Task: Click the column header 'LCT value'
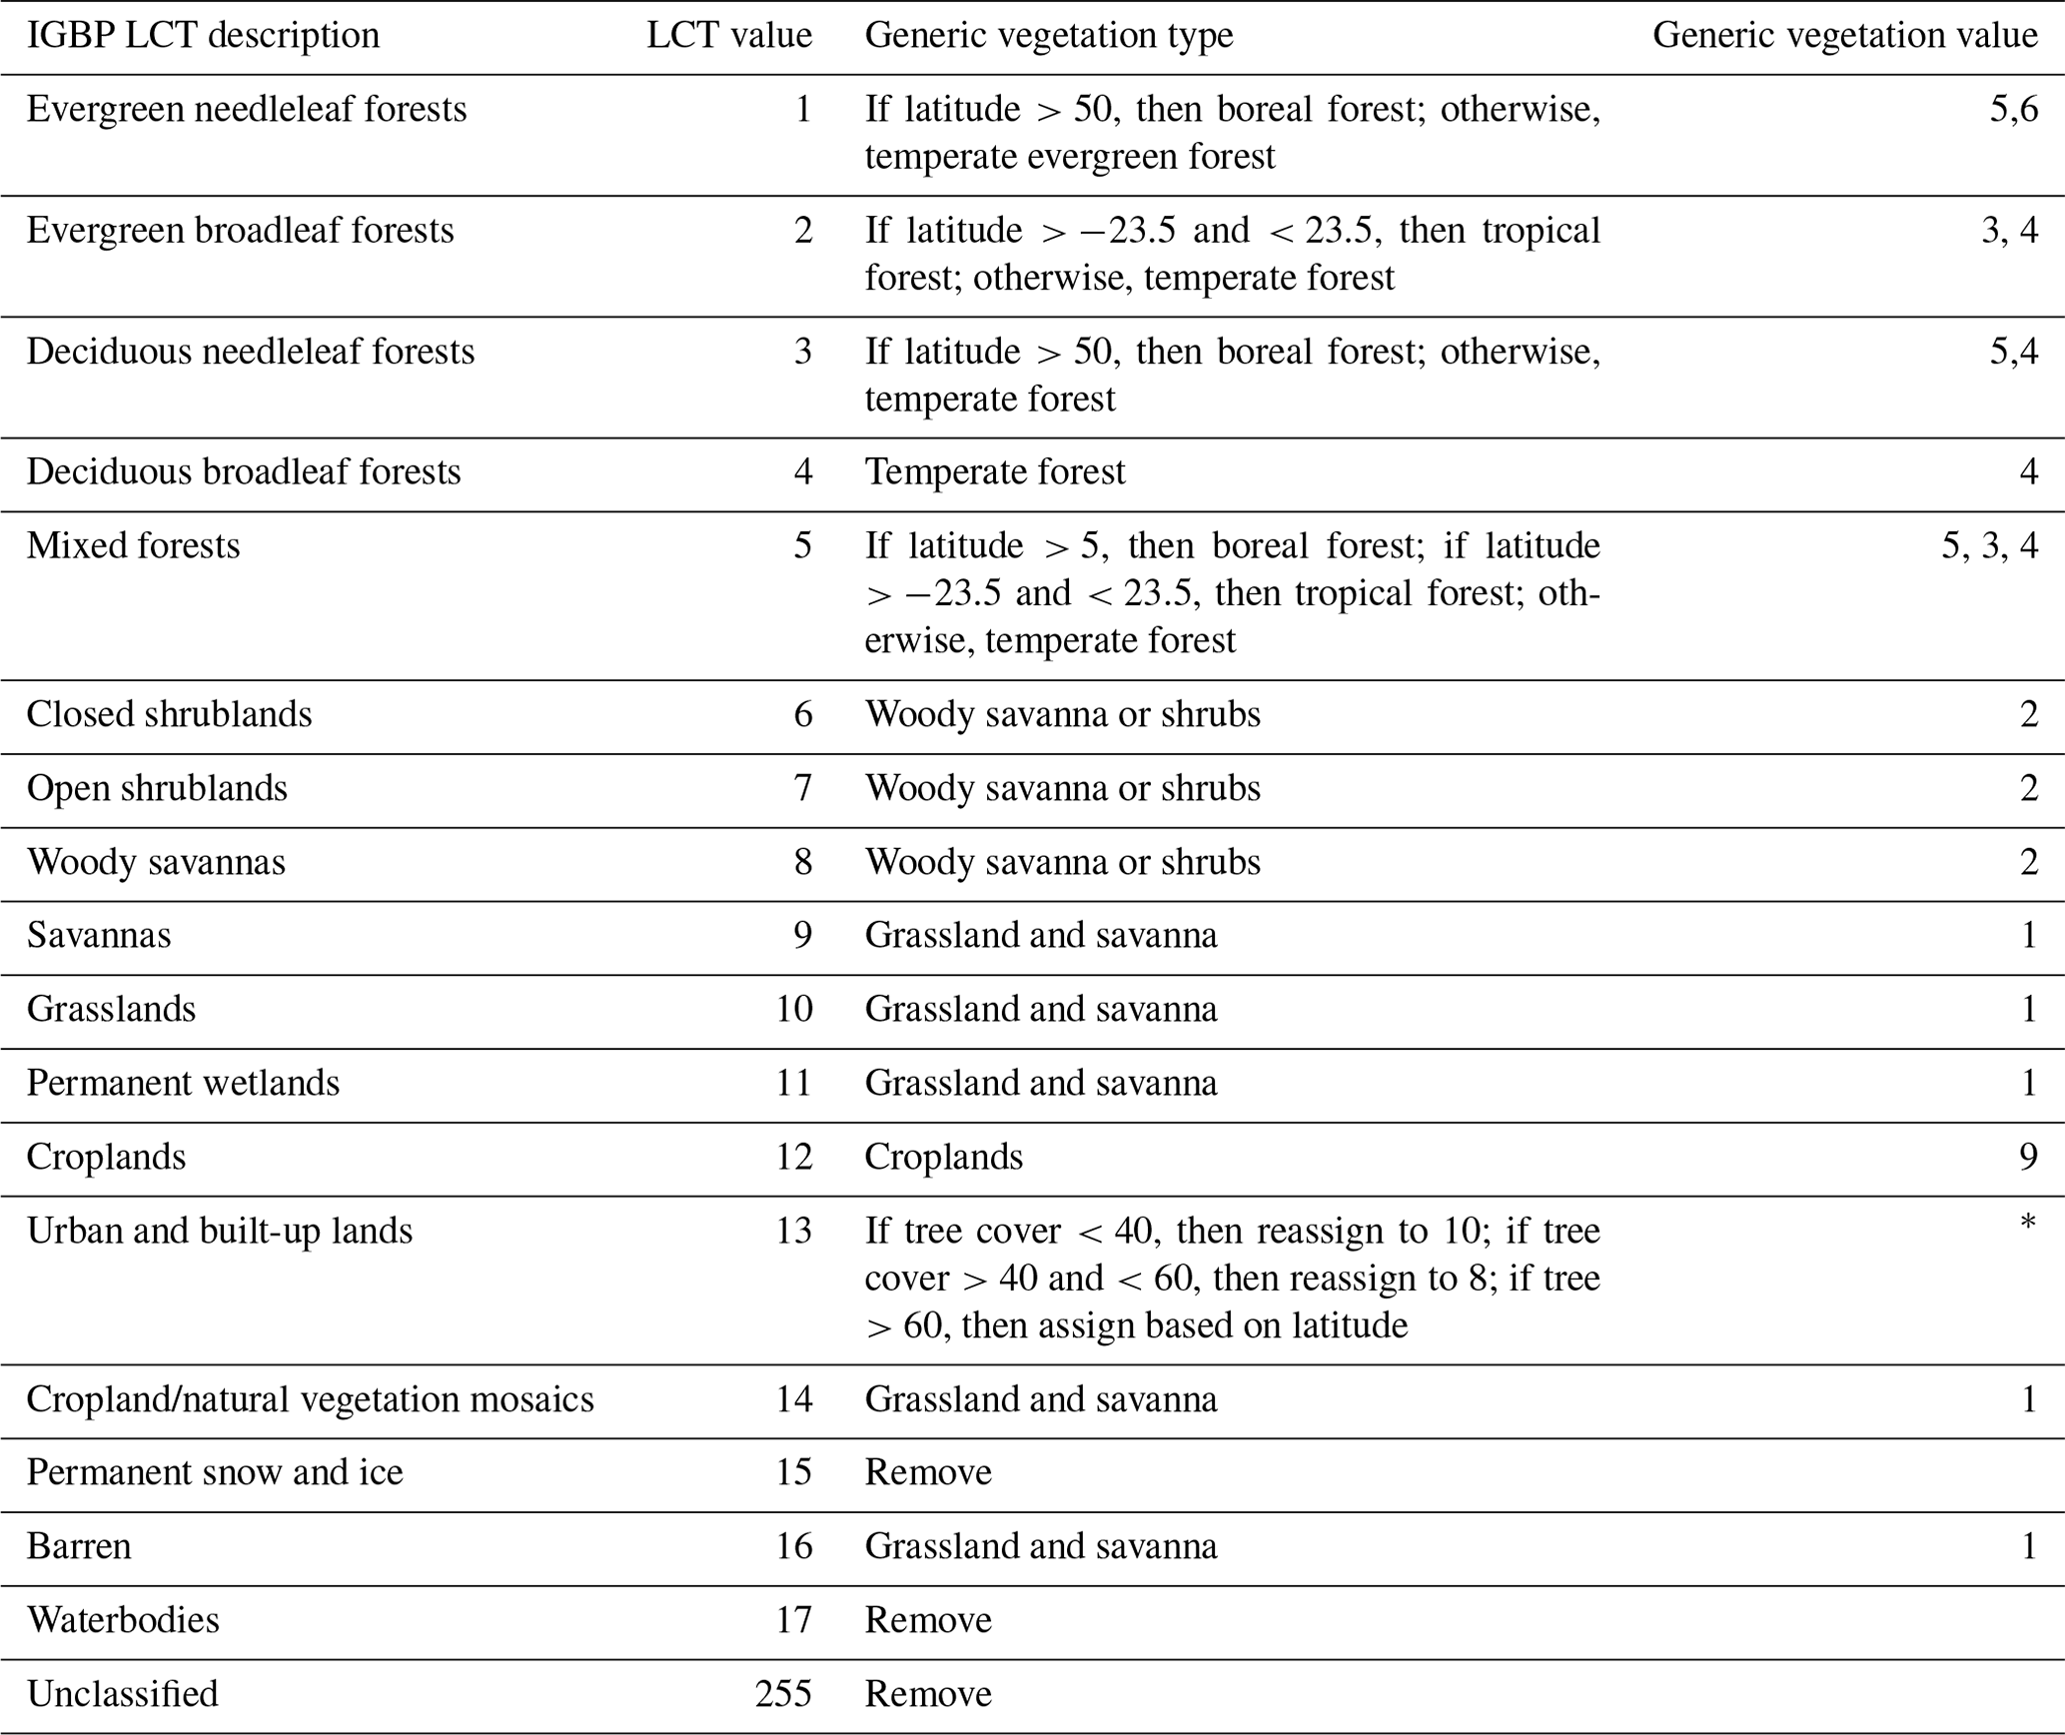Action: pos(728,36)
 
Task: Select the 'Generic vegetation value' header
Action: pos(1844,36)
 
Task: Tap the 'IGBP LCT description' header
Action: pos(203,36)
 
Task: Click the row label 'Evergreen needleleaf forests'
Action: pos(246,109)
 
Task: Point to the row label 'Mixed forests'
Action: pos(133,545)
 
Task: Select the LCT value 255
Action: pos(783,1693)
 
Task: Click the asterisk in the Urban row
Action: pos(2027,1225)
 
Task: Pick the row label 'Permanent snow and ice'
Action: pos(215,1471)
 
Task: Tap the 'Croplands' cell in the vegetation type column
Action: pos(943,1157)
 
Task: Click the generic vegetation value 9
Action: pos(2027,1157)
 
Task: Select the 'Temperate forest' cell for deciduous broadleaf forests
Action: pos(994,471)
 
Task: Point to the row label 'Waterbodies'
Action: pos(123,1619)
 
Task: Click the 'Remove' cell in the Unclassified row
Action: pos(927,1693)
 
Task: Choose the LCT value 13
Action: pos(793,1231)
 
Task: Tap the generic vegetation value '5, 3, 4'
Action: pos(1989,545)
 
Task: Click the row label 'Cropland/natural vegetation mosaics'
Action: pos(310,1398)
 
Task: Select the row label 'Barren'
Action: pos(79,1546)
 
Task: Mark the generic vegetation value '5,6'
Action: pos(2013,109)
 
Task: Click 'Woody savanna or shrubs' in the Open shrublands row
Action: pos(1062,788)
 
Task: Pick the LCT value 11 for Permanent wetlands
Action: pos(793,1083)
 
